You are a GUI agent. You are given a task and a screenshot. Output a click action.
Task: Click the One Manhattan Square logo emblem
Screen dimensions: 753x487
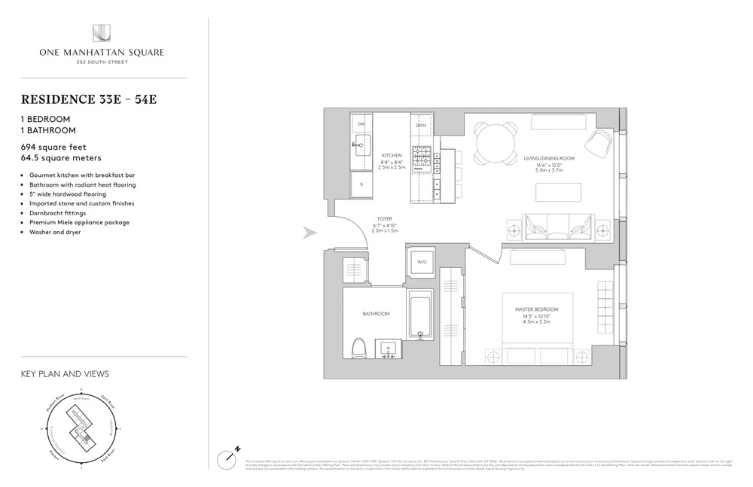102,34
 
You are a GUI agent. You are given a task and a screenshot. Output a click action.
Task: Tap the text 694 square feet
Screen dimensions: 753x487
53,148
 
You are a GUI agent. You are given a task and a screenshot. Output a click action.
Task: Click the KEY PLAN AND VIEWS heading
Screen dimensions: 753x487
65,373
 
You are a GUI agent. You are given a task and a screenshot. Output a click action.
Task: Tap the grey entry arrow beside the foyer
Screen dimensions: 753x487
309,233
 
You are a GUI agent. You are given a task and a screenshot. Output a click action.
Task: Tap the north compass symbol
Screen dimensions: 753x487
229,456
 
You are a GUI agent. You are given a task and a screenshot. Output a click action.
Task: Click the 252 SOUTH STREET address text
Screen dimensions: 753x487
102,62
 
